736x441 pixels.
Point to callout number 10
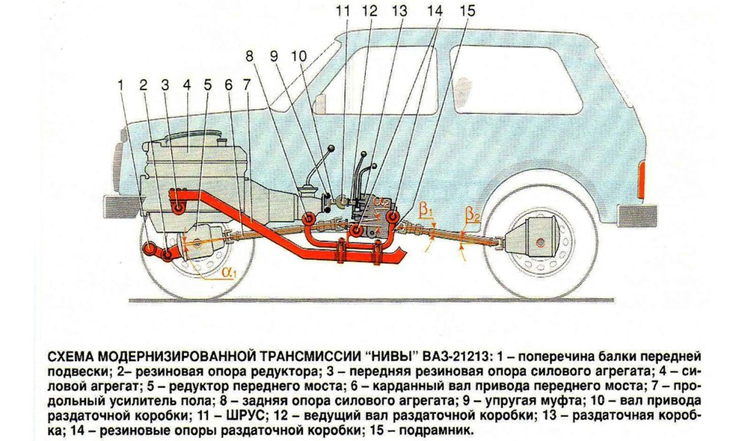(x=298, y=56)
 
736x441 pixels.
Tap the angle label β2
(x=472, y=215)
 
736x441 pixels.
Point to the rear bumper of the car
(x=637, y=215)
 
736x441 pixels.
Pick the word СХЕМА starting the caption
(x=69, y=356)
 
